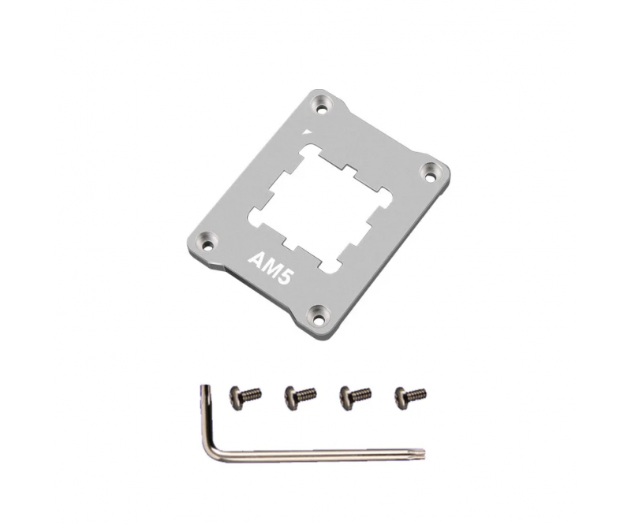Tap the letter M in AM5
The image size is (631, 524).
(270, 268)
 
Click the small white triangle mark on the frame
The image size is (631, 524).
(308, 132)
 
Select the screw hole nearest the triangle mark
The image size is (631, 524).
(322, 108)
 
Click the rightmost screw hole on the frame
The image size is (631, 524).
(431, 176)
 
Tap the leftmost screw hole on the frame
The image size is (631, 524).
(207, 244)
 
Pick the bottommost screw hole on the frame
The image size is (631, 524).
(319, 320)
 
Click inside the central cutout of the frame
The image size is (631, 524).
(320, 208)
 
